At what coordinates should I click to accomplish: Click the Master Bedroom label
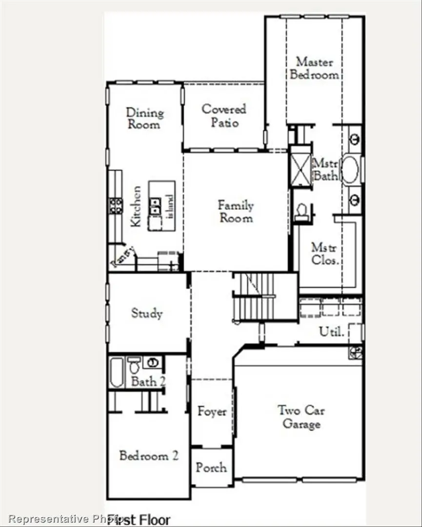(314, 68)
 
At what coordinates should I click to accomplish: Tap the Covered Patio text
(224, 116)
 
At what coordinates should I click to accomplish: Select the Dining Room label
(144, 119)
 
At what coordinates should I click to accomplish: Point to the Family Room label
(236, 211)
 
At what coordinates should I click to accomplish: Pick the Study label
(146, 313)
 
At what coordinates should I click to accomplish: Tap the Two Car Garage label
(301, 417)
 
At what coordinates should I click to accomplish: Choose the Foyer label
(212, 412)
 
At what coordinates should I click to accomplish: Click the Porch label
(211, 467)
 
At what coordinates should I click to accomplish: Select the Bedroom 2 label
(148, 456)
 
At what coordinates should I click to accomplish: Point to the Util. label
(332, 332)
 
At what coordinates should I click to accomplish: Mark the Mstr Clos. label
(324, 254)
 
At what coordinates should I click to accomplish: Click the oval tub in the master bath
(350, 169)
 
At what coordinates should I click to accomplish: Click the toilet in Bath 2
(134, 365)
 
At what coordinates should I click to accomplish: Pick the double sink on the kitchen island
(155, 206)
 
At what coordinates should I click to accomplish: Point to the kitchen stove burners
(116, 205)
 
